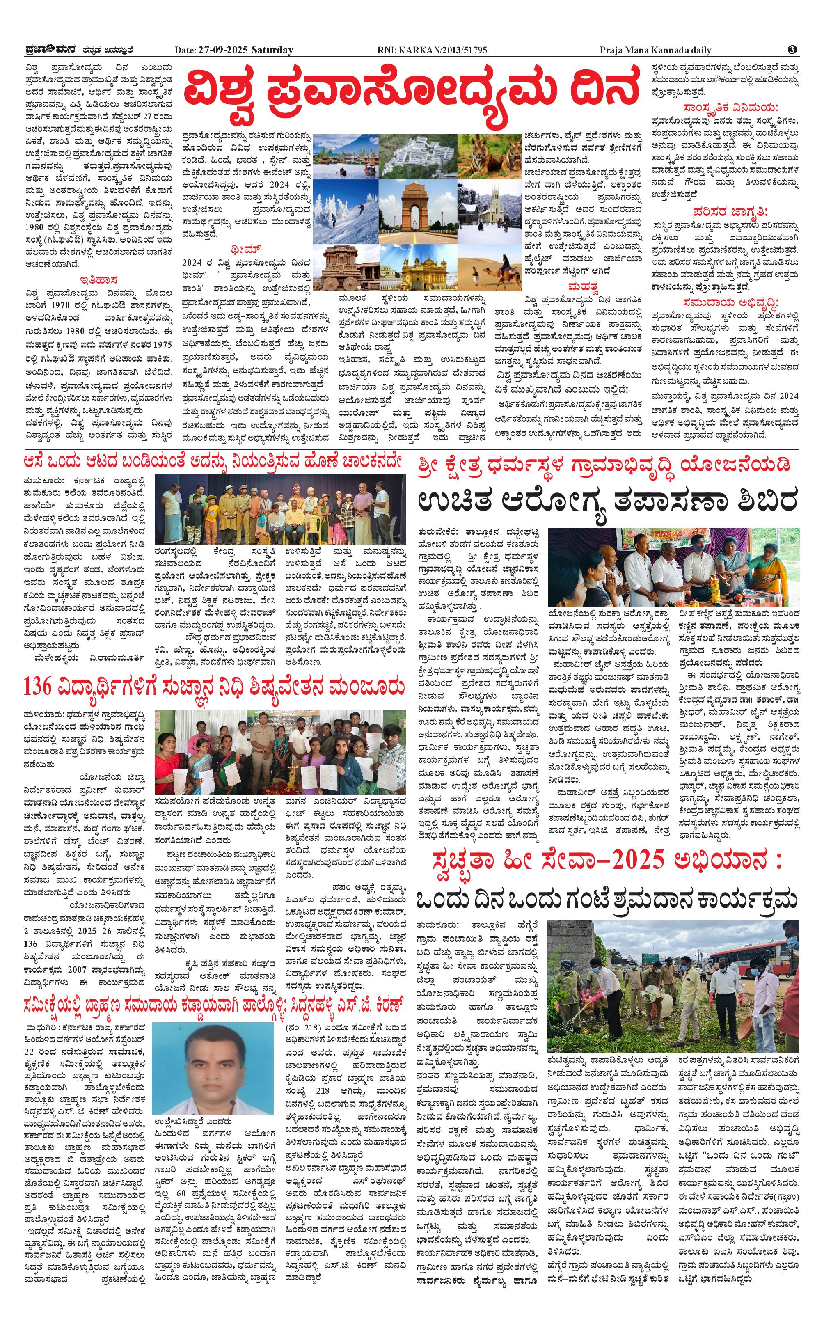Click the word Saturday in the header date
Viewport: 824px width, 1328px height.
[x=272, y=50]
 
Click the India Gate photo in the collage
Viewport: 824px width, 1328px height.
[x=417, y=206]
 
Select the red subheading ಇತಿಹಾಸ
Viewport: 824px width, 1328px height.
[x=99, y=281]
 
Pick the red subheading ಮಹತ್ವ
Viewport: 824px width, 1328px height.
[x=582, y=286]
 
